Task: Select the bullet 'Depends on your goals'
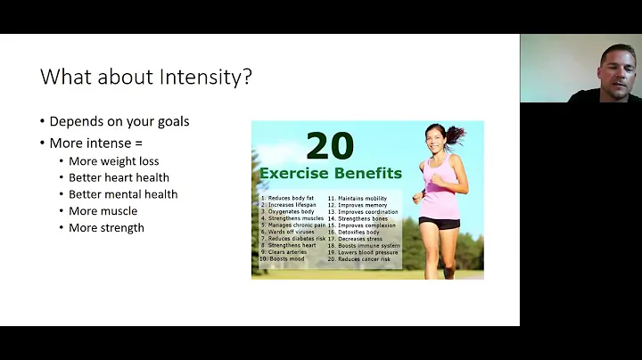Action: [x=119, y=121]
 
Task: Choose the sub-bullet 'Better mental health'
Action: [x=123, y=194]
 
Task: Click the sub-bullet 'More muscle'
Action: [x=103, y=211]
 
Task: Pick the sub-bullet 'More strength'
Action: [x=106, y=227]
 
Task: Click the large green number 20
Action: [x=330, y=145]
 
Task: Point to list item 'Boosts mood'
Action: [x=288, y=258]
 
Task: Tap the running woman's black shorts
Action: [x=440, y=223]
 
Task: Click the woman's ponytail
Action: [x=457, y=134]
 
